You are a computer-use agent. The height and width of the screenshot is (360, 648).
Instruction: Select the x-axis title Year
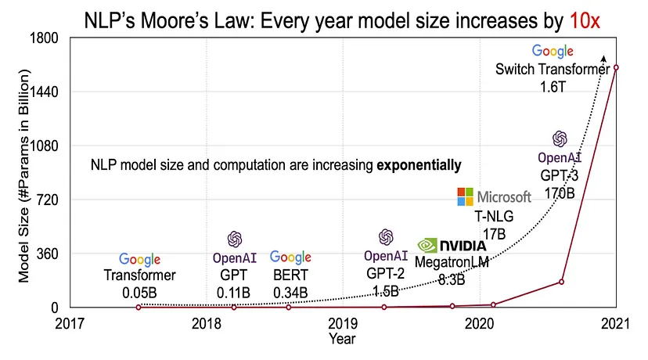pyautogui.click(x=342, y=339)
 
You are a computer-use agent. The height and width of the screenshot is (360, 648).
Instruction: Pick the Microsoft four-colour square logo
pyautogui.click(x=465, y=196)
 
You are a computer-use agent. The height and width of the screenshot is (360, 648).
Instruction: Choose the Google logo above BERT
pyautogui.click(x=290, y=257)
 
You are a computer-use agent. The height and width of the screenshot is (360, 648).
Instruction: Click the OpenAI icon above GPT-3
pyautogui.click(x=560, y=139)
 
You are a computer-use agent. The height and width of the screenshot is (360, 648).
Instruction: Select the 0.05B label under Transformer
pyautogui.click(x=141, y=293)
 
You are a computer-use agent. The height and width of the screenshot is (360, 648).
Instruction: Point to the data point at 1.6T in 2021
pyautogui.click(x=617, y=67)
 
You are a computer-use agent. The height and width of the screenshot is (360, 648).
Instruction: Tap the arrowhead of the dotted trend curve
pyautogui.click(x=603, y=57)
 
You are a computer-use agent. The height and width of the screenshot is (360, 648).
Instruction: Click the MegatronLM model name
pyautogui.click(x=452, y=264)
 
